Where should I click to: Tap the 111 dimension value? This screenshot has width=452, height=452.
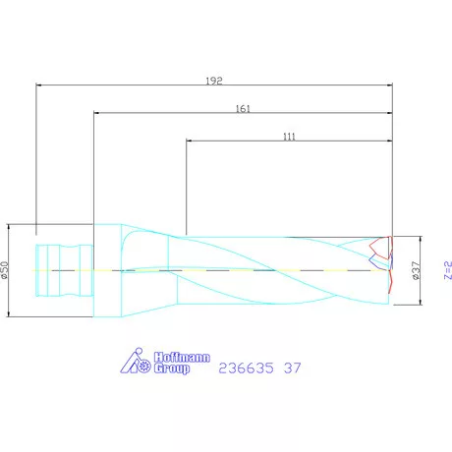coord(289,137)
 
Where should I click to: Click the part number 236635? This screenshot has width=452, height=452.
coord(247,368)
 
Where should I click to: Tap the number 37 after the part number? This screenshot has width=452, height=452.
coord(292,368)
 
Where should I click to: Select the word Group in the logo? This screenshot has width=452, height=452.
coord(172,369)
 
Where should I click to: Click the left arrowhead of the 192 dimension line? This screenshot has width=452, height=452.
coord(38,85)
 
